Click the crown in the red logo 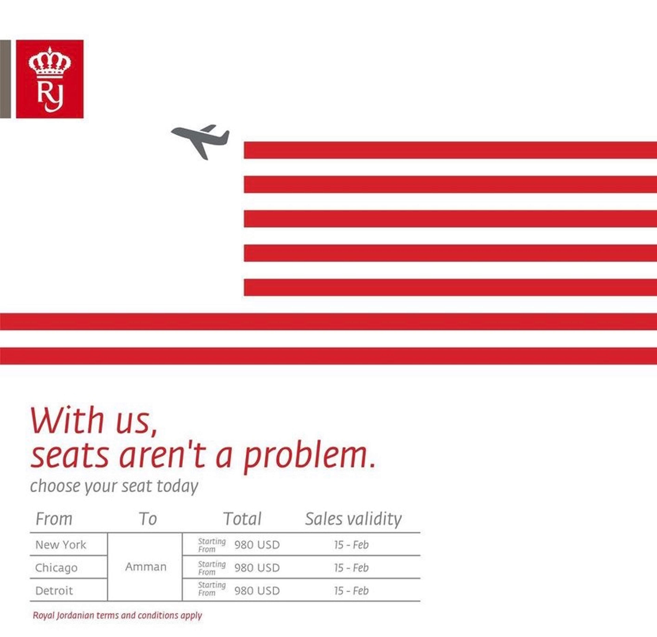click(50, 63)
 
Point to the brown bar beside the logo click(5, 79)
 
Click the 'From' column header click(54, 519)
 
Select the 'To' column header click(148, 519)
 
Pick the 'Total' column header click(242, 519)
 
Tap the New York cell click(61, 545)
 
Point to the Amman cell click(146, 567)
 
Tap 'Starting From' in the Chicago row click(212, 568)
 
